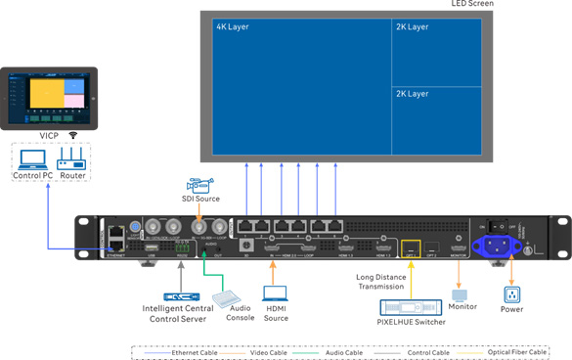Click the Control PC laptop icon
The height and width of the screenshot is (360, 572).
click(32, 159)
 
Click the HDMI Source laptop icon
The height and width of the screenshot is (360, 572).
click(275, 292)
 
